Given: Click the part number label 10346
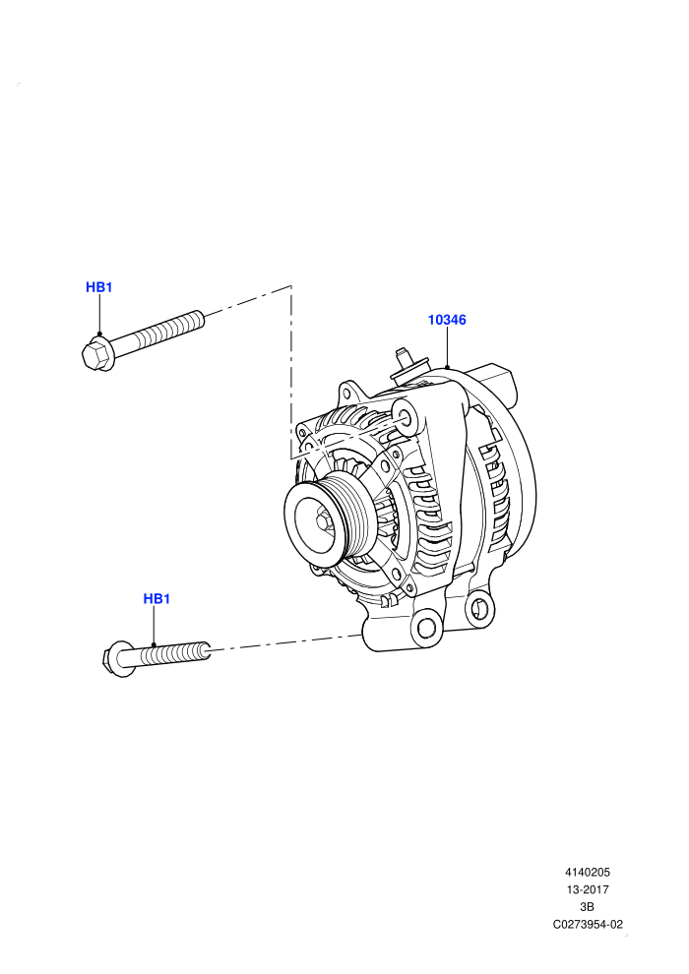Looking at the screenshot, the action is point(447,320).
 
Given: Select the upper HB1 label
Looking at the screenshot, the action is point(98,287).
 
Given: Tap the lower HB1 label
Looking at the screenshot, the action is point(157,599).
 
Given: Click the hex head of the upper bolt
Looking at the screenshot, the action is point(97,355).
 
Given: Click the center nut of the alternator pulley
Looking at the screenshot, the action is point(324,519).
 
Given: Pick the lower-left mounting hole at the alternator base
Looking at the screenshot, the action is point(427,627).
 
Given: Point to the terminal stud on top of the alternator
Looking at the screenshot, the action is point(403,363).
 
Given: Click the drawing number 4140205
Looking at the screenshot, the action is point(588,872).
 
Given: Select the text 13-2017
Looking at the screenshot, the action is point(588,889).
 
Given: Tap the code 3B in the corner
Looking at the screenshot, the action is point(587,907).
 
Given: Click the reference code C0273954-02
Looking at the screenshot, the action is point(588,924).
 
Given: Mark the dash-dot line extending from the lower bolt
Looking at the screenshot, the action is point(286,642).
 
